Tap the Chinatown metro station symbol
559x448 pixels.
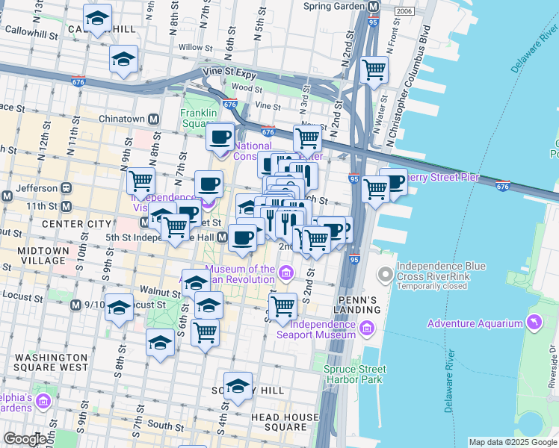(x=154, y=119)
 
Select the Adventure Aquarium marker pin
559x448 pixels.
(x=534, y=323)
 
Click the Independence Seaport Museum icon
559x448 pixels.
(x=367, y=329)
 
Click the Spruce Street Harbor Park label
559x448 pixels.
(x=353, y=373)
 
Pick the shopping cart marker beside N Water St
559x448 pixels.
(x=374, y=71)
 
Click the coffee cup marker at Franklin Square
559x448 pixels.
(x=220, y=137)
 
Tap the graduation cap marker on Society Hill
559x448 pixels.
(x=238, y=387)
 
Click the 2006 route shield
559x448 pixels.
(x=404, y=11)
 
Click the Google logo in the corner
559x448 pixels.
(x=25, y=439)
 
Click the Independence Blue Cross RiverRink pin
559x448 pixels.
(x=385, y=276)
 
